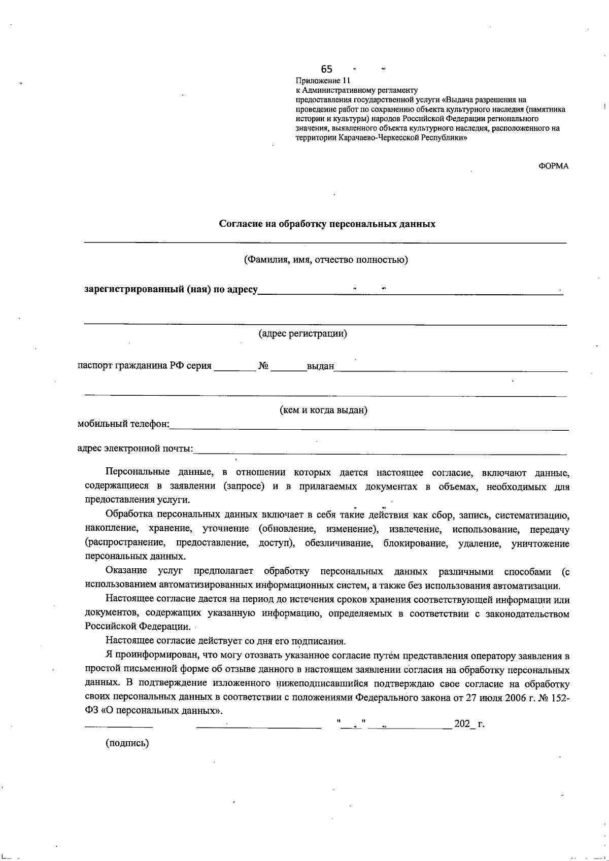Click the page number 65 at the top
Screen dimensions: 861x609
[326, 69]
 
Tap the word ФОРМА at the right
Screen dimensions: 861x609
[553, 166]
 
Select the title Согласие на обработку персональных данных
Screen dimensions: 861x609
[327, 224]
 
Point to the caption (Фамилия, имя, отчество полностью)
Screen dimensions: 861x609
[326, 260]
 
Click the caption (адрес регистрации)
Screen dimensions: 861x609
[303, 334]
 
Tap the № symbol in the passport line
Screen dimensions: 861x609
[263, 366]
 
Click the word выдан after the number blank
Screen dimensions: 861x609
[320, 366]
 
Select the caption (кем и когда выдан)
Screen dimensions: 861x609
[324, 410]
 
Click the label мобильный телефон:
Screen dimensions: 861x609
[123, 424]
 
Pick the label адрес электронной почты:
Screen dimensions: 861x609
[135, 449]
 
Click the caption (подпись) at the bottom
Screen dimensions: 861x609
[127, 743]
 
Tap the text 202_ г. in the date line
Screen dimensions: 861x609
[469, 724]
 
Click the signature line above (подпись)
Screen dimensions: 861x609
[118, 728]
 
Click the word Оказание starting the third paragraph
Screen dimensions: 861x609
[126, 572]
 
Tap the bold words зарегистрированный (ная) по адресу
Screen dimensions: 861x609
[171, 290]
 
